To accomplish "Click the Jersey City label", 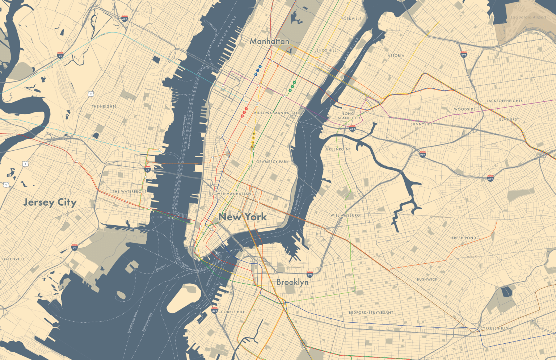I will [x=50, y=202].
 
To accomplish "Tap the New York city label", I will [x=243, y=217].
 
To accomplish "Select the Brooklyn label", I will [x=292, y=282].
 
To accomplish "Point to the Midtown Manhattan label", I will [x=276, y=113].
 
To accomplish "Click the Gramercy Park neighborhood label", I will [x=273, y=162].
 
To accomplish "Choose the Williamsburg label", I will [x=345, y=215].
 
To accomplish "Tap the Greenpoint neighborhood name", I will [x=338, y=149].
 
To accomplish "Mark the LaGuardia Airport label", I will [x=528, y=17].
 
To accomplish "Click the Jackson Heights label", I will [x=505, y=101].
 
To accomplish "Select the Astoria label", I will [x=396, y=56].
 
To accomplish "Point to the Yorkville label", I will [x=351, y=19].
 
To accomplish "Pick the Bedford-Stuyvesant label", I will [x=371, y=312].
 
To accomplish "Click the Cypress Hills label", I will [x=494, y=328].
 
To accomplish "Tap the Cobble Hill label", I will [x=233, y=312].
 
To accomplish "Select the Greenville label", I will [x=14, y=259].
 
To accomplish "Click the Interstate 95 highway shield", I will [x=60, y=55].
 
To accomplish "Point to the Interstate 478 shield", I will [x=215, y=310].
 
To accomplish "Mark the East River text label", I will [x=350, y=49].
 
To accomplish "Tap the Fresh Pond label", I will [x=464, y=238].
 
